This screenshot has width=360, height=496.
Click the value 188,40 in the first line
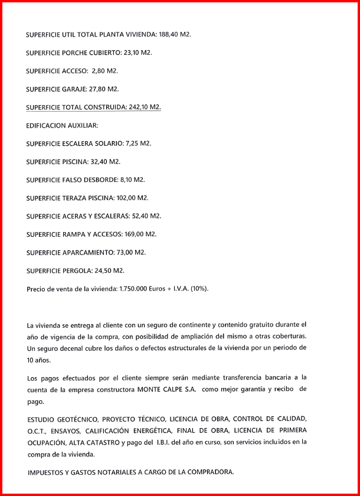(x=170, y=35)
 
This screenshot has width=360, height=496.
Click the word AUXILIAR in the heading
(x=83, y=126)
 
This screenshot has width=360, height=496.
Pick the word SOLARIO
(x=109, y=143)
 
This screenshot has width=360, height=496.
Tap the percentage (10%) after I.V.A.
(x=198, y=289)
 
